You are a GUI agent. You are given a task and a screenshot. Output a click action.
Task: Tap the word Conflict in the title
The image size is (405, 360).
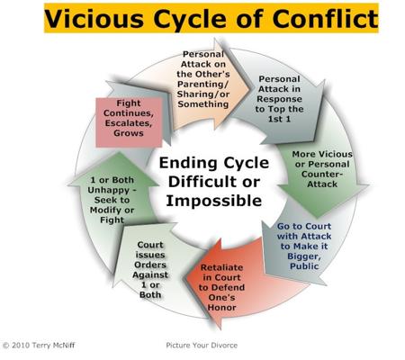(325, 18)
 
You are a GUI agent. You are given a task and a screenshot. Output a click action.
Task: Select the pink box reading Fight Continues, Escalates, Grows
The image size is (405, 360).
(129, 122)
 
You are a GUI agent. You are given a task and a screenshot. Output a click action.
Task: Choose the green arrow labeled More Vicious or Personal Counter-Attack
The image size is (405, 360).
(322, 174)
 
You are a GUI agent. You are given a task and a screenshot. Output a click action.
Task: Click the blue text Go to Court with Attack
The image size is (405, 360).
(304, 231)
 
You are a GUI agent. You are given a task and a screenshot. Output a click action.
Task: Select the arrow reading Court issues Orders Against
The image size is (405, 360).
(150, 270)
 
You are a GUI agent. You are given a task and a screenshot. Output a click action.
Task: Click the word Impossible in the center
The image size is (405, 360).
(214, 201)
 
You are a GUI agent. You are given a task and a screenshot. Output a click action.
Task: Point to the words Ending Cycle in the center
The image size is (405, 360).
(214, 163)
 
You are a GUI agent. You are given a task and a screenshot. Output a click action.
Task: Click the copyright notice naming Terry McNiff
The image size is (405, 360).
(39, 345)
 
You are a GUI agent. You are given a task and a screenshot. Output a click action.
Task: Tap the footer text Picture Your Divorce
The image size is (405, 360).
(202, 346)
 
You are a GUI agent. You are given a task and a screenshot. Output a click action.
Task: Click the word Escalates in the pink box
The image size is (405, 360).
(129, 123)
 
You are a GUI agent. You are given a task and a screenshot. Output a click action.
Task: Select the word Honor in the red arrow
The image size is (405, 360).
(221, 308)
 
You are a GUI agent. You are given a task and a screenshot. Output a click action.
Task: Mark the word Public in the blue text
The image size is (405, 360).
(304, 266)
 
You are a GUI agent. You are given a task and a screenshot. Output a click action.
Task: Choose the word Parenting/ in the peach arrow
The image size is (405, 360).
(203, 84)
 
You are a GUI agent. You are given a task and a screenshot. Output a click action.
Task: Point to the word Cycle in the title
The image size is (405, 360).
(192, 19)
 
